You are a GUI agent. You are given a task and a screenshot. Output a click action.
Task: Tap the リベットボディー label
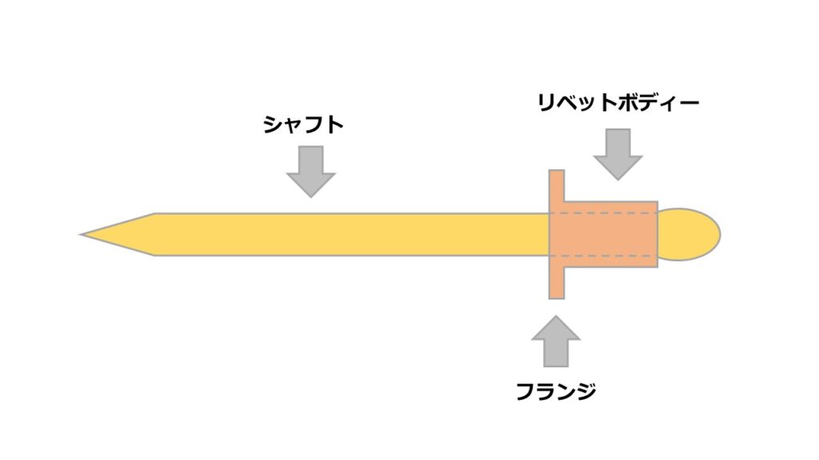(x=618, y=102)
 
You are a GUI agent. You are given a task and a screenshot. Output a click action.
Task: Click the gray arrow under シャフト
(x=310, y=170)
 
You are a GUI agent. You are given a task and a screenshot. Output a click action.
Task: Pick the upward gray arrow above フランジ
(x=556, y=340)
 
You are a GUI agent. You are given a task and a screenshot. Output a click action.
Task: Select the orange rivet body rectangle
(x=612, y=235)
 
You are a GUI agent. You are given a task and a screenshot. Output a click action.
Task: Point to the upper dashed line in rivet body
(x=608, y=214)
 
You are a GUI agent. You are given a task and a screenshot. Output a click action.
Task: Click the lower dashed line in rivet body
(x=608, y=256)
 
